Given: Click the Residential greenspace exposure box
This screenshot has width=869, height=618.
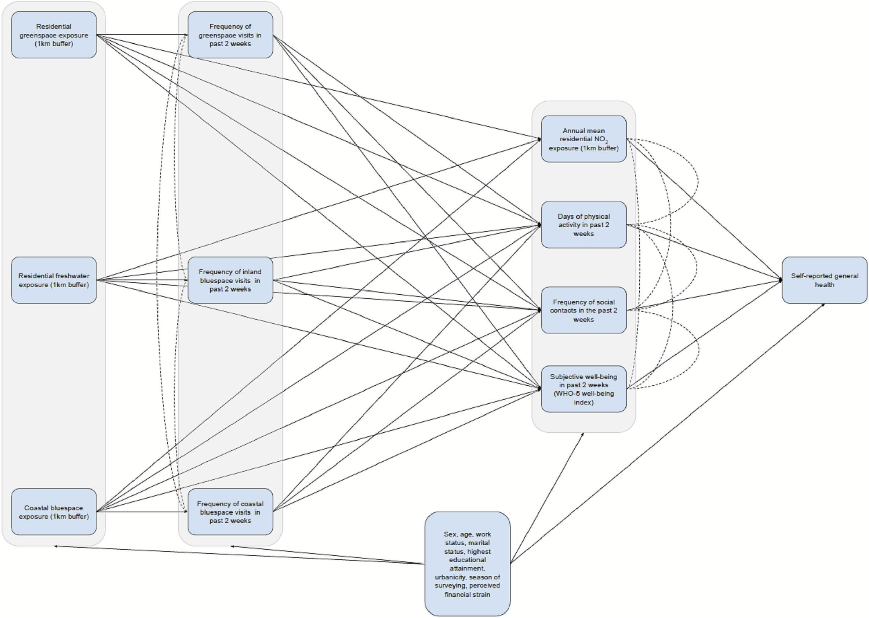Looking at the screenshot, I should click(54, 35).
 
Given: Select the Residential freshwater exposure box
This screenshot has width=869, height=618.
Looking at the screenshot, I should click(54, 280).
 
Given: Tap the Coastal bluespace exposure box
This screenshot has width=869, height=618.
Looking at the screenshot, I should click(54, 512).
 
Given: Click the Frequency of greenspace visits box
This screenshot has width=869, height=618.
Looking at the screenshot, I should click(230, 35).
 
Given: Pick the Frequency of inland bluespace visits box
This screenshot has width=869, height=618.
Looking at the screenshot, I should click(230, 280).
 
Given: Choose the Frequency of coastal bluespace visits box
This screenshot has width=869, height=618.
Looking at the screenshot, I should click(230, 512).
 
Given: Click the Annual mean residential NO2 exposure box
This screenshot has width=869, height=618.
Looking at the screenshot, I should click(583, 139).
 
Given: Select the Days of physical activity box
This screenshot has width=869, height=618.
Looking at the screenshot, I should click(583, 225).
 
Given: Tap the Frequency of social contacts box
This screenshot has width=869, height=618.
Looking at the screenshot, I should click(583, 310).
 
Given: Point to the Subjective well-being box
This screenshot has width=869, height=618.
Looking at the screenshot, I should click(583, 389).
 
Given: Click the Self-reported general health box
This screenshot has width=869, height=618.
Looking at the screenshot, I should click(825, 280).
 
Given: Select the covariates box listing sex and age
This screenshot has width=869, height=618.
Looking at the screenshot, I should click(467, 564).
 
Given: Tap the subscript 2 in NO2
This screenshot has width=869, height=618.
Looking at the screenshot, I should click(607, 142).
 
